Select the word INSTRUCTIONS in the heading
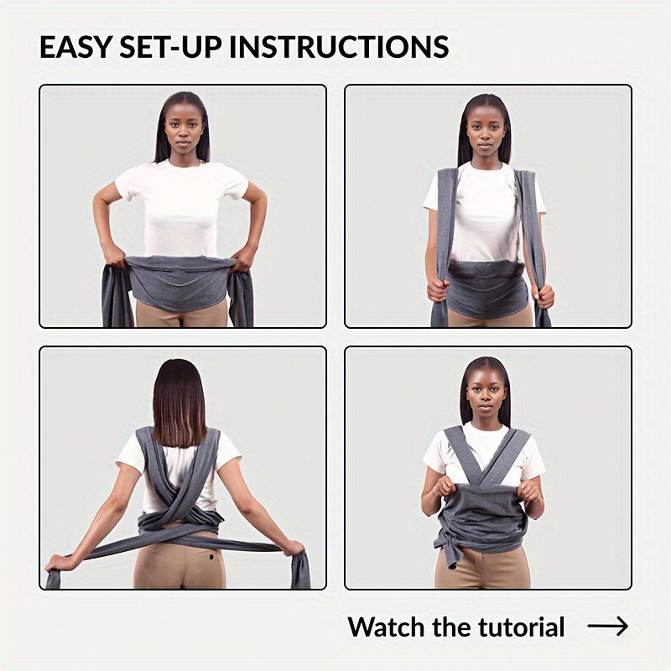(x=340, y=47)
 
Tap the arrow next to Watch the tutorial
(x=607, y=627)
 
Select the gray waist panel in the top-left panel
(x=181, y=281)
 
